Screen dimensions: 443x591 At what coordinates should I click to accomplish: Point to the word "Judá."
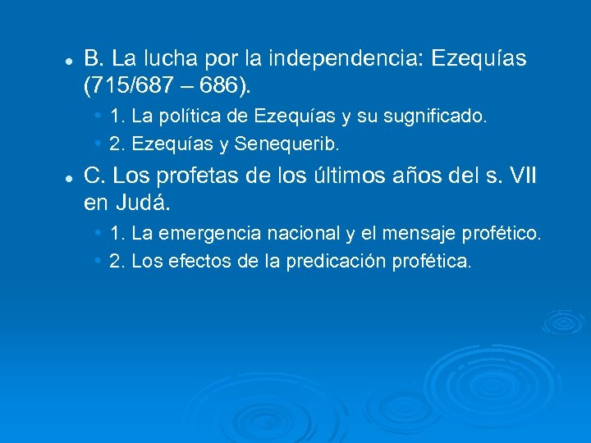149,201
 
